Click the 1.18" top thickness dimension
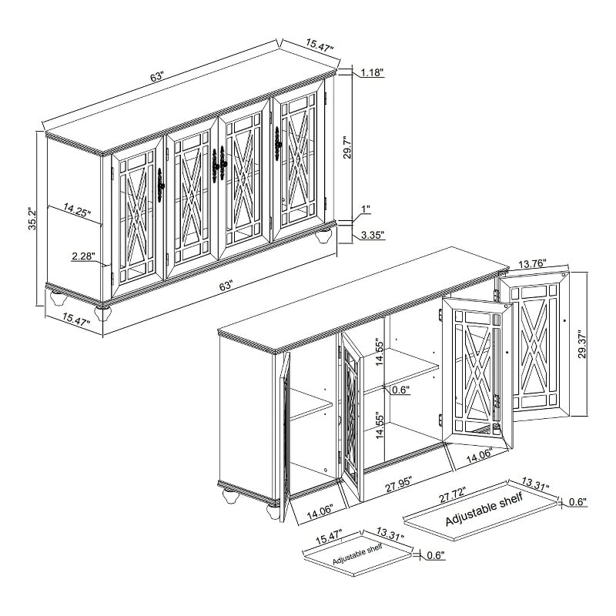point(372,72)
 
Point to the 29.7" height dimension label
point(348,147)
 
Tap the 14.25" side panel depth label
point(77,209)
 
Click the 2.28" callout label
point(84,256)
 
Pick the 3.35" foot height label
point(373,236)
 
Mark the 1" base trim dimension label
point(366,209)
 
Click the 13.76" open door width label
point(532,263)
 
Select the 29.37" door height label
point(582,343)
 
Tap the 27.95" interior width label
point(398,485)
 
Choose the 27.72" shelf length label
point(452,494)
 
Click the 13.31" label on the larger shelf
point(535,484)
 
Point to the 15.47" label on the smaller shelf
point(329,537)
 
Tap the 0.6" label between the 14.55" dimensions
point(401,390)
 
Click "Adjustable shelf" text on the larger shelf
point(484,509)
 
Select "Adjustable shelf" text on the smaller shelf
point(357,554)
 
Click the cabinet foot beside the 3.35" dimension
point(323,236)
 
